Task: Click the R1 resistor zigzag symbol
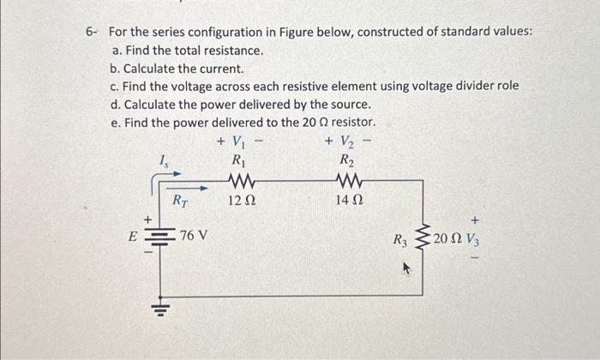click(241, 181)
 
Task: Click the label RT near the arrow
click(180, 202)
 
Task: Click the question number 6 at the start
click(89, 32)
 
